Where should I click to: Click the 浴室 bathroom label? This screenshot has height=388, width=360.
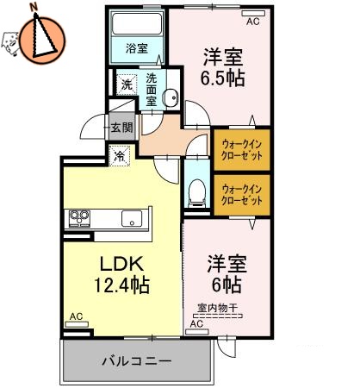pos(136,48)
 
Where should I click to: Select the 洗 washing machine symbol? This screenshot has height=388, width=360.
pos(126,84)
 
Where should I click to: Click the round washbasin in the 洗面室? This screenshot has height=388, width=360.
pos(170,97)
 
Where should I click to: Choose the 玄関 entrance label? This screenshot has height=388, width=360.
pos(121,128)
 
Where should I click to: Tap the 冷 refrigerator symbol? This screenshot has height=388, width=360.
pos(119,157)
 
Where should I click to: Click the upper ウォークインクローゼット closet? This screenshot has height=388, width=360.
pos(242,149)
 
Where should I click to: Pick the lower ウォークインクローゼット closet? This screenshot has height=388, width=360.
pos(242,194)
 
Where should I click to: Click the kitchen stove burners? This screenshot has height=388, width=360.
pos(79,216)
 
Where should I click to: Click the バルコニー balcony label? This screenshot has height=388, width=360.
pos(137,360)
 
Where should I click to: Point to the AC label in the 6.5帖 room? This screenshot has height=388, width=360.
pos(252,22)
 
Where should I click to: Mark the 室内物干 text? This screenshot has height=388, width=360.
pos(216,308)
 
